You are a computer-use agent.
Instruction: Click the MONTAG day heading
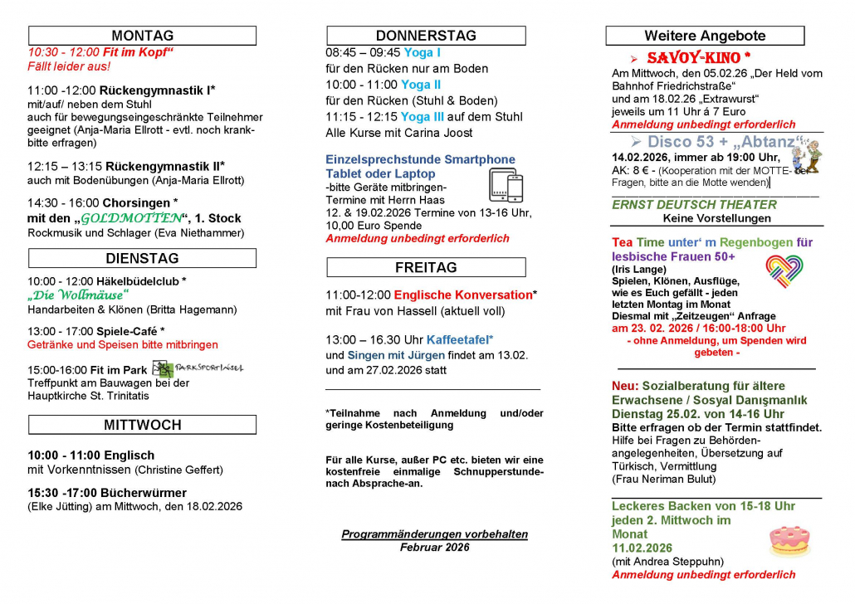[x=142, y=36]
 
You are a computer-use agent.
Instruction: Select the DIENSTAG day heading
[x=142, y=258]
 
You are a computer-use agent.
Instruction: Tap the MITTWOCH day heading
[x=142, y=425]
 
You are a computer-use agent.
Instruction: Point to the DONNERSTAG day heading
[x=426, y=36]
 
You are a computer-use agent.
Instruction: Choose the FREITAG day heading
[x=426, y=267]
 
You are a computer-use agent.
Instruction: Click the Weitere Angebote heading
[x=705, y=36]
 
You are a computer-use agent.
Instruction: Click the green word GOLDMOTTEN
[x=130, y=218]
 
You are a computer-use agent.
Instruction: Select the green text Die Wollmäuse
[x=78, y=295]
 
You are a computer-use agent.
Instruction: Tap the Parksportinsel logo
[x=198, y=368]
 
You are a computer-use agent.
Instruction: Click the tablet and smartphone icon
[x=506, y=185]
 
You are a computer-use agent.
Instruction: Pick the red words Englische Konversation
[x=462, y=295]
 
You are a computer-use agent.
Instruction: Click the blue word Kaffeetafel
[x=459, y=339]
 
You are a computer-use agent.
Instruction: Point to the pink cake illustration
[x=789, y=541]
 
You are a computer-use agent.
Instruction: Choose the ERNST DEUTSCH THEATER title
[x=694, y=204]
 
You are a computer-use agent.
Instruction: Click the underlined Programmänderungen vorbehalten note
[x=434, y=534]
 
